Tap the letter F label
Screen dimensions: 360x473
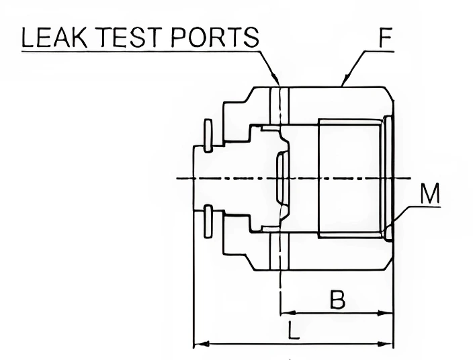coord(385,38)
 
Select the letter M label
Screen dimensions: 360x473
coord(429,195)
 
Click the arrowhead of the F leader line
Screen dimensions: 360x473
coord(345,83)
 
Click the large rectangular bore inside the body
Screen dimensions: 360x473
coord(349,177)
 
